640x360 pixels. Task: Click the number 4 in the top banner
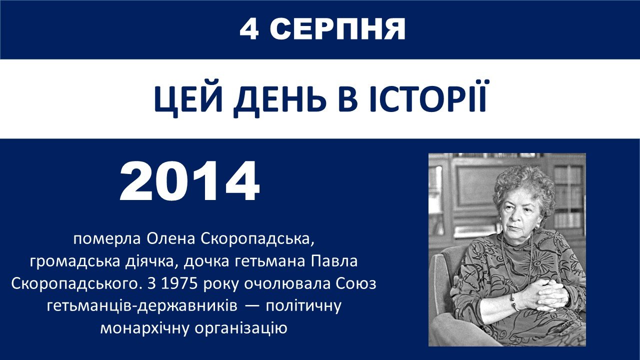click(249, 29)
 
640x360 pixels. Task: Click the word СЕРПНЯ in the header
click(337, 29)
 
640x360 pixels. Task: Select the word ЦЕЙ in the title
click(188, 99)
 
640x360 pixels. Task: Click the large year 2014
click(189, 181)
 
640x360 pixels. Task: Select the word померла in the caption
click(107, 239)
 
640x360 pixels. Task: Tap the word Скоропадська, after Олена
click(257, 239)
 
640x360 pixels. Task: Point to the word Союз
click(356, 283)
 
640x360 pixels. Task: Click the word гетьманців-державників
click(142, 306)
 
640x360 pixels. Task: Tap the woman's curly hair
click(522, 185)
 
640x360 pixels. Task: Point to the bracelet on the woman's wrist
click(514, 302)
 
